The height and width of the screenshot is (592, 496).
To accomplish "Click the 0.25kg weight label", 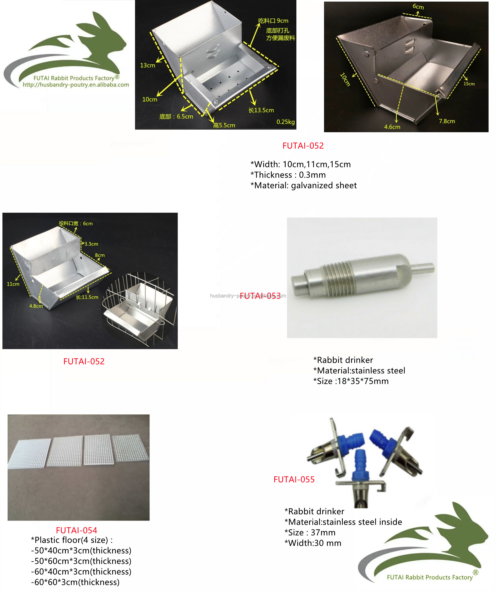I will [285, 122].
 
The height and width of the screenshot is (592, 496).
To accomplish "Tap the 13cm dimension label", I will [147, 65].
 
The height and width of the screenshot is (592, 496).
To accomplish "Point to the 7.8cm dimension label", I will [447, 121].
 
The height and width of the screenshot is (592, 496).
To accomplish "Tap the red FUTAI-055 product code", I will [294, 480].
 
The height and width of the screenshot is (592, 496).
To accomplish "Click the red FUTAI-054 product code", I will [77, 530].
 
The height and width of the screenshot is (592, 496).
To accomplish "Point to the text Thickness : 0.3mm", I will [288, 175].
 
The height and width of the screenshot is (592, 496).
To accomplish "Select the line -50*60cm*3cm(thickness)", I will [81, 561].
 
